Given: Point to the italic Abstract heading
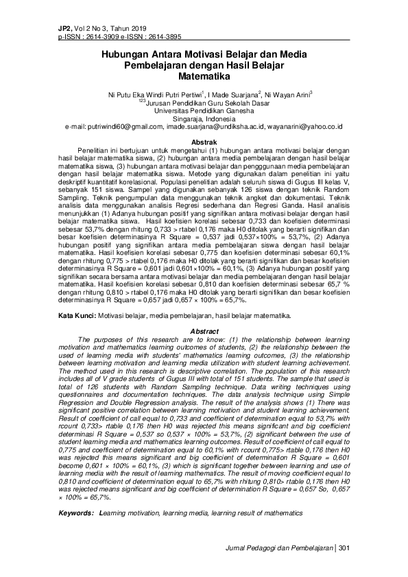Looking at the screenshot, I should pyautogui.click(x=203, y=331).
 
